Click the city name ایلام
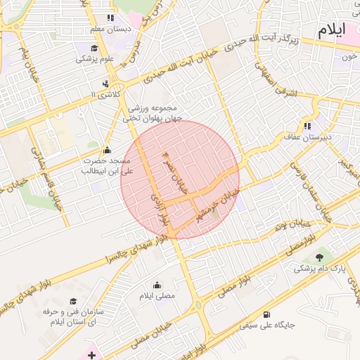(333, 31)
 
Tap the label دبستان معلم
(107, 30)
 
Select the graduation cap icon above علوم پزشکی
(94, 48)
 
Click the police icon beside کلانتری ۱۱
(105, 84)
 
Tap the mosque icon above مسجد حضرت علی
(107, 149)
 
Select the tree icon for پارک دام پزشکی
(321, 257)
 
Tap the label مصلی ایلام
(157, 296)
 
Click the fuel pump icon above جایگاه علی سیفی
(266, 314)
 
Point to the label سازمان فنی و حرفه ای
(73, 316)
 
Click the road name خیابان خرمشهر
(214, 206)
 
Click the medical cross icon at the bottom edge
(92, 356)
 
